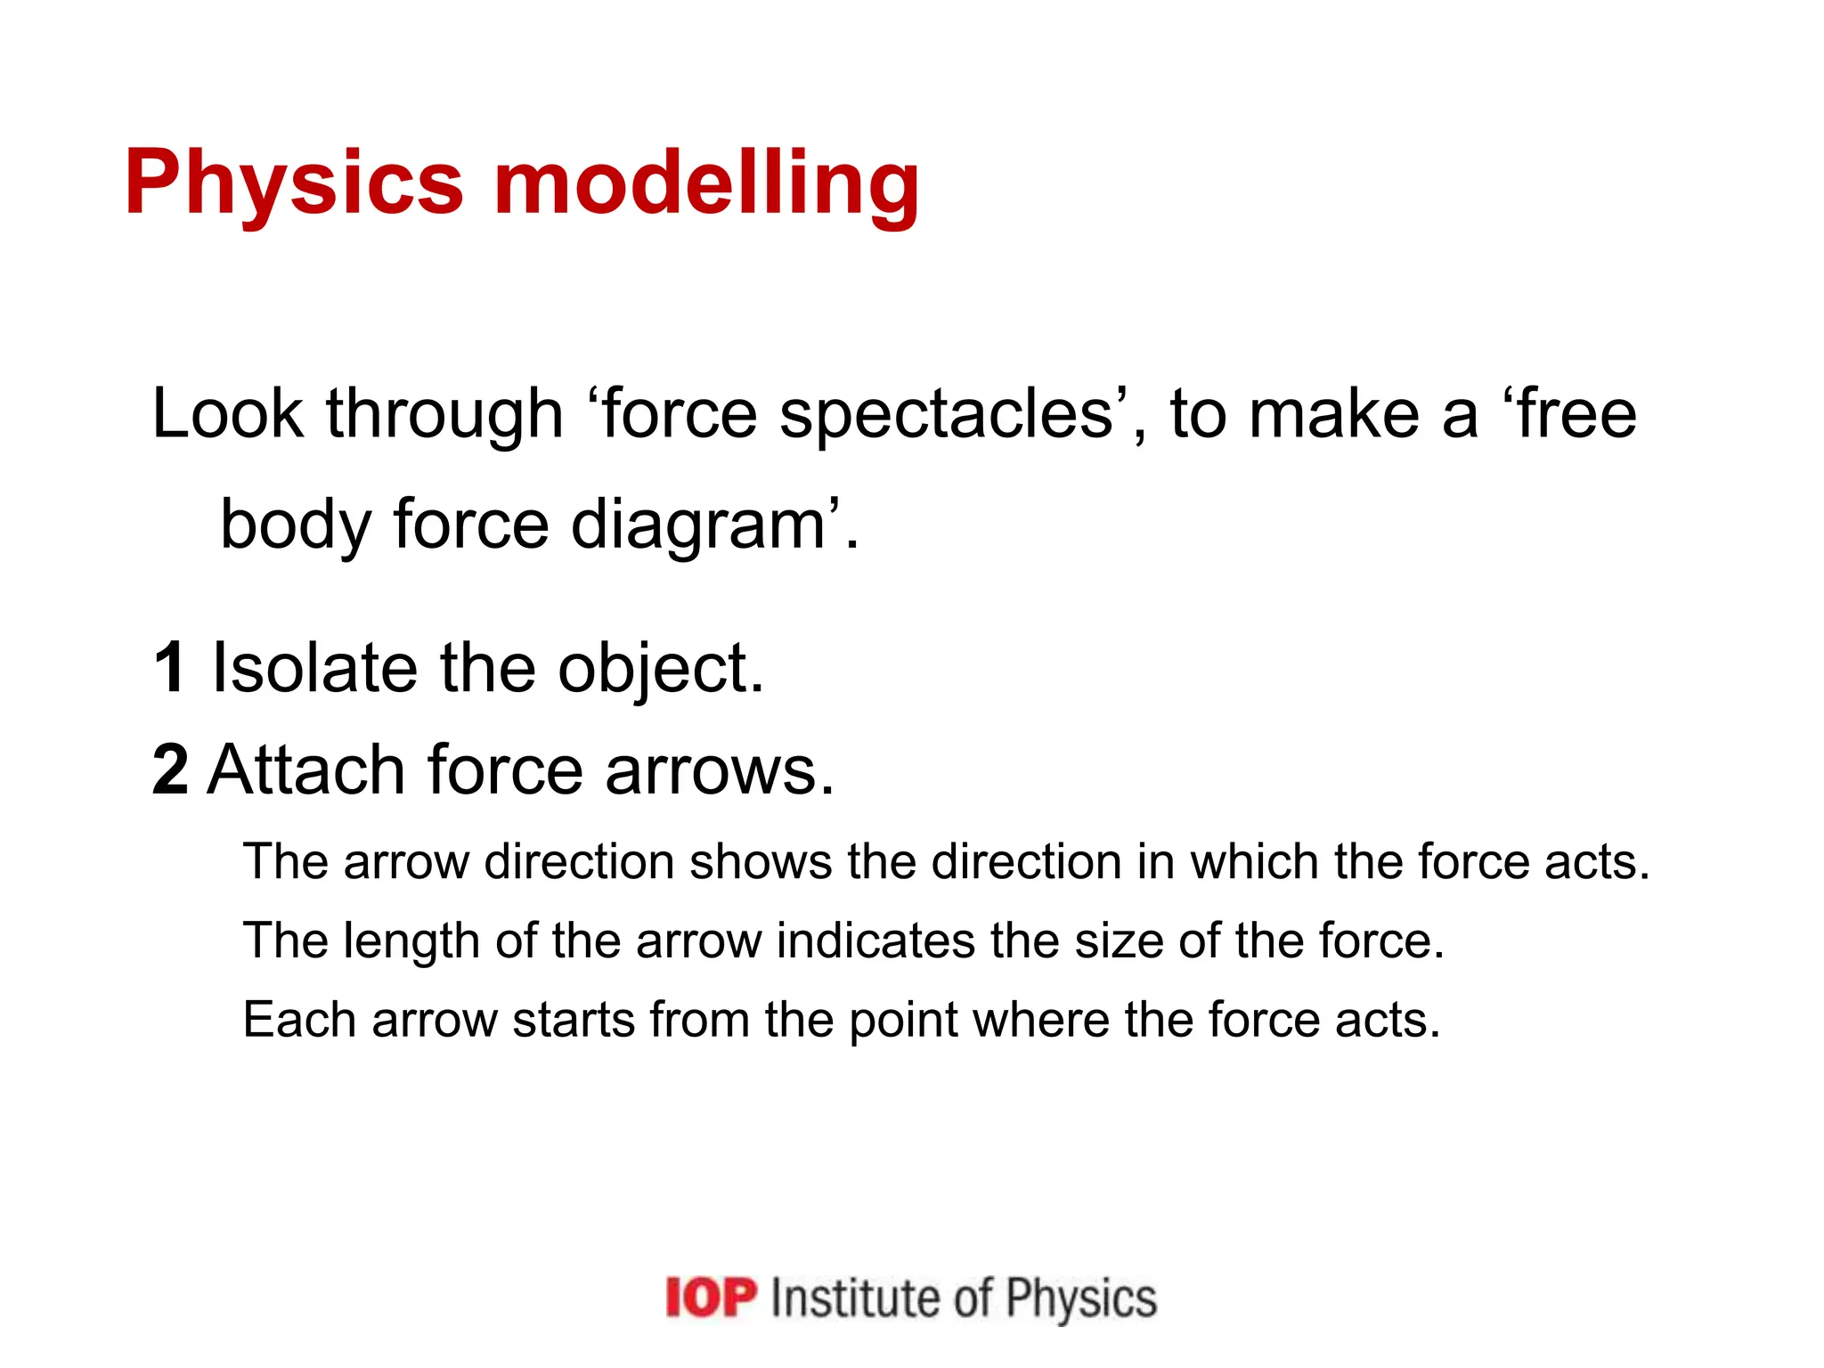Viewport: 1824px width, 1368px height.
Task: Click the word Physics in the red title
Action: [x=294, y=183]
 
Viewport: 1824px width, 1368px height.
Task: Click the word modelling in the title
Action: [x=706, y=183]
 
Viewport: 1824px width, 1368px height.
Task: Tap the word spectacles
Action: [x=947, y=415]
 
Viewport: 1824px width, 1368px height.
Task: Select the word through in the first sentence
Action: [x=444, y=415]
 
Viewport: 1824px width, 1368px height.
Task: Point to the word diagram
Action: [x=697, y=525]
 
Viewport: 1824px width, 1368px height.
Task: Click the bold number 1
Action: [x=170, y=668]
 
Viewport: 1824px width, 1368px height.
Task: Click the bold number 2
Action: [x=170, y=769]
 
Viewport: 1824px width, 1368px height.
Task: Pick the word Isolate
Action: [x=314, y=668]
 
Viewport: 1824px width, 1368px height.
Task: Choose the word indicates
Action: [x=875, y=940]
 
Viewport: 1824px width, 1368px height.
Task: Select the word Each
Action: [x=299, y=1020]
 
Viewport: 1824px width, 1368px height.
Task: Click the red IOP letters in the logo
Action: [x=711, y=1298]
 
